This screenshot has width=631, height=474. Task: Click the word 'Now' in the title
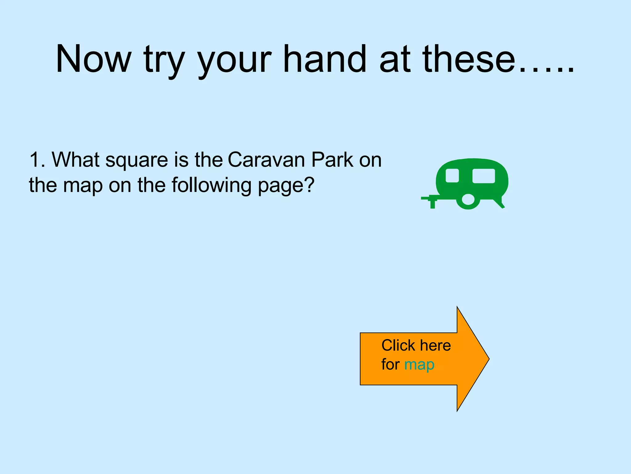click(x=93, y=59)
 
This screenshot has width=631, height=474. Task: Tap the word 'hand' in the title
click(x=324, y=59)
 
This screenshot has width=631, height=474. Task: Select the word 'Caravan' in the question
click(x=267, y=160)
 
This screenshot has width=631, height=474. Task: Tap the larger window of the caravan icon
click(x=483, y=176)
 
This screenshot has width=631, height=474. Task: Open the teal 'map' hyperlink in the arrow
click(x=419, y=364)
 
